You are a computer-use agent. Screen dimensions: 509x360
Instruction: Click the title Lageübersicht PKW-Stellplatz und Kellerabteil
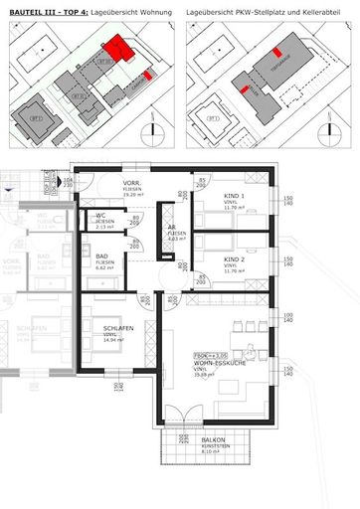coord(265,8)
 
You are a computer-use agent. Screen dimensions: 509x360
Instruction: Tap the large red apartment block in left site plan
coord(120,48)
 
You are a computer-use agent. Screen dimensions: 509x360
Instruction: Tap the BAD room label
coord(102,256)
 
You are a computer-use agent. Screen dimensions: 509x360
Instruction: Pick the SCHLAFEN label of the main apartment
coord(117,328)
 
